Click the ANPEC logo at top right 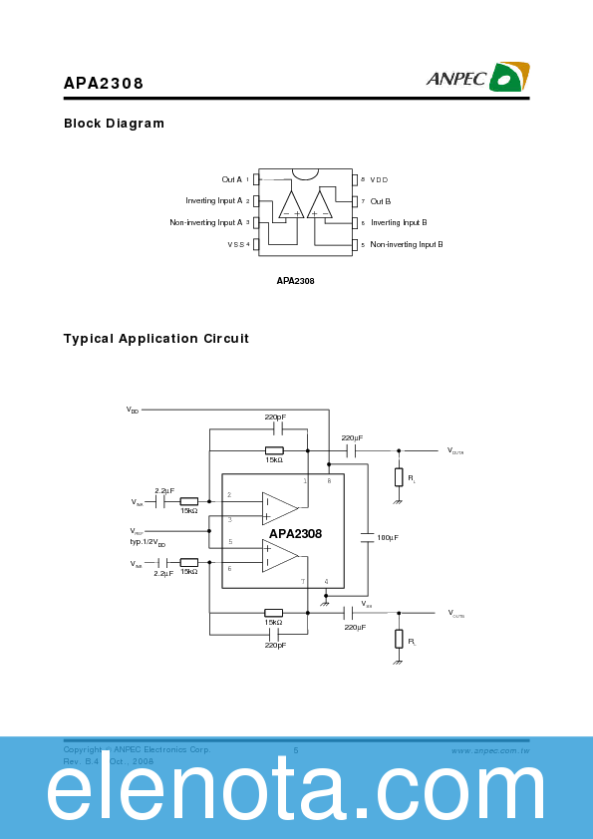point(478,77)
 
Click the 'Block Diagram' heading point(114,124)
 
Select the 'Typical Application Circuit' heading point(156,339)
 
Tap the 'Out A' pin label point(231,179)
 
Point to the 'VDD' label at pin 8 point(379,179)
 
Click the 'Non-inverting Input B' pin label point(407,244)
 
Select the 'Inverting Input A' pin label point(214,201)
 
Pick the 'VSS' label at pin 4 point(235,244)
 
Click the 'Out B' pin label point(381,201)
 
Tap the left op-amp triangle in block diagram point(291,204)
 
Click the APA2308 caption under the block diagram point(295,281)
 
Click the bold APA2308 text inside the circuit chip point(295,534)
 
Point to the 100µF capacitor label point(388,537)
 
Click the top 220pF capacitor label point(275,417)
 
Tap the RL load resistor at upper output point(399,477)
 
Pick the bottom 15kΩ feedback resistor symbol point(273,613)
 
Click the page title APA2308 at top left point(104,84)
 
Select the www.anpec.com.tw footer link point(489,749)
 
